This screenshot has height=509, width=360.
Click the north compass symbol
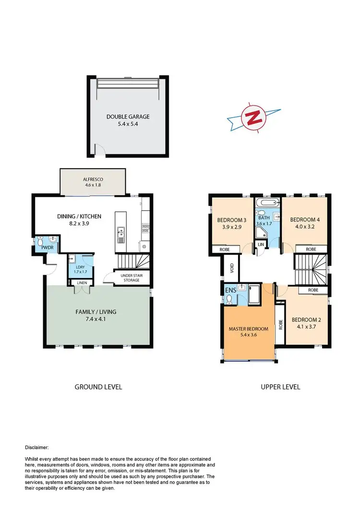tap(254, 117)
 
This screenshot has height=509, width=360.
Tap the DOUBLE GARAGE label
tap(128, 117)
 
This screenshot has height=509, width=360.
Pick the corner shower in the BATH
tap(262, 233)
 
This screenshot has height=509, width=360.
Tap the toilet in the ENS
tap(229, 299)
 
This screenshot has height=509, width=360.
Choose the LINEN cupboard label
tap(82, 283)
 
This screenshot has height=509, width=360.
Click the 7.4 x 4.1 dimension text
tap(96, 319)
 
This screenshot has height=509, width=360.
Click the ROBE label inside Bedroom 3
tap(224, 250)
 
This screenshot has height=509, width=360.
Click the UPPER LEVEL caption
tap(281, 387)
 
